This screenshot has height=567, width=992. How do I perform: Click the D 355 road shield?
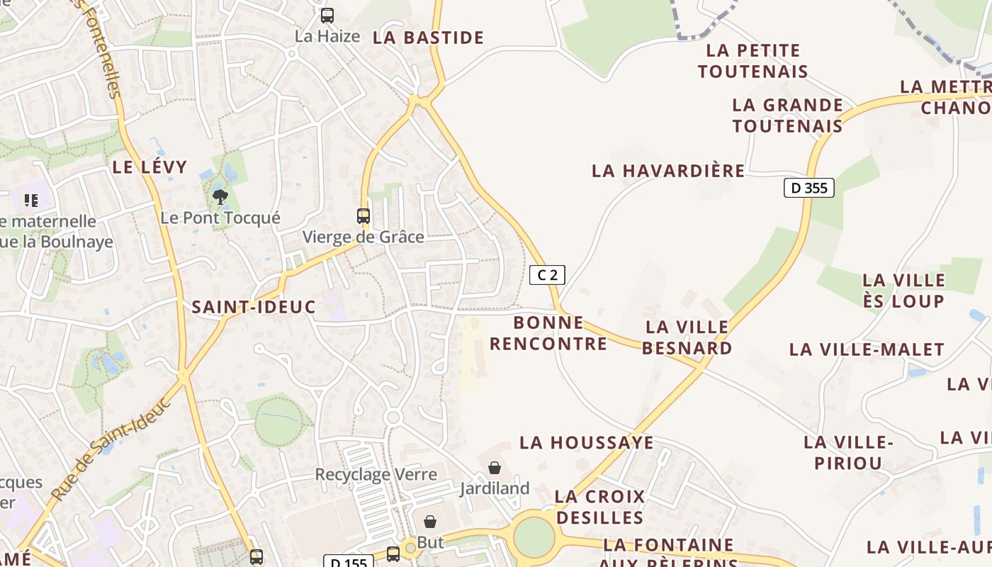[808, 188]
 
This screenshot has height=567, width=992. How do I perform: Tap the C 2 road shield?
[547, 275]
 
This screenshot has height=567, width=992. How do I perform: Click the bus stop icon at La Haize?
[327, 16]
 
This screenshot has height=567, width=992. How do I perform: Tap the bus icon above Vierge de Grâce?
[363, 215]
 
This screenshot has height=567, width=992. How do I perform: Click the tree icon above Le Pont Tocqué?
[220, 196]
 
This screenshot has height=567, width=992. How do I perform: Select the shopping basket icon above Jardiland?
[494, 468]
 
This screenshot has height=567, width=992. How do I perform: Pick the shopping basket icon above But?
[430, 522]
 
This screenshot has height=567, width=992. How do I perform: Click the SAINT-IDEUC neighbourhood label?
[254, 307]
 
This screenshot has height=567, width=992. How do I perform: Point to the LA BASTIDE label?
[428, 38]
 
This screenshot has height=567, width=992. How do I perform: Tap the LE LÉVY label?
[150, 167]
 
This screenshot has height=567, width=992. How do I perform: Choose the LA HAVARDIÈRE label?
[668, 171]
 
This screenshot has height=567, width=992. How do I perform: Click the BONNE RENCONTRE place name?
[548, 333]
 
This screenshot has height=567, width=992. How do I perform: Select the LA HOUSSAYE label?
[587, 442]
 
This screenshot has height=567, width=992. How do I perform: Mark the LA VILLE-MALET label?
[867, 349]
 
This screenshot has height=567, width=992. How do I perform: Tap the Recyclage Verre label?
[376, 474]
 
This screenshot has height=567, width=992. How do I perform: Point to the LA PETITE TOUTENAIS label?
[753, 61]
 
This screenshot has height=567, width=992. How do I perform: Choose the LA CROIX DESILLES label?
[599, 507]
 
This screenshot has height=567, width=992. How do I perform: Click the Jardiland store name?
[495, 488]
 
